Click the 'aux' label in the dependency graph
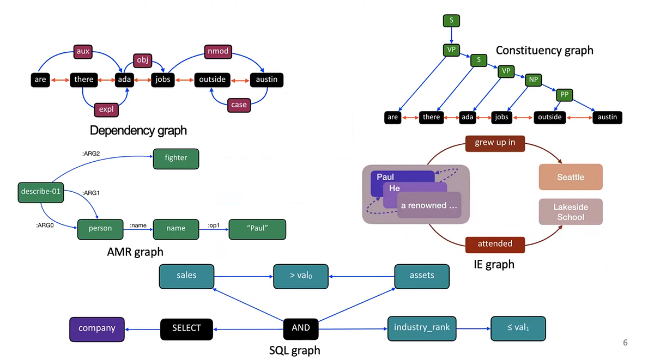[x=83, y=52]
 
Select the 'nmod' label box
[x=217, y=52]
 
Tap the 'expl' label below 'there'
[x=106, y=109]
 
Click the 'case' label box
[x=239, y=105]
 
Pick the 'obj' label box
[x=142, y=59]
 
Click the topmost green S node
[x=451, y=21]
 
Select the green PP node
[x=564, y=95]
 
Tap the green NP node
[x=534, y=80]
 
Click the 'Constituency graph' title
[x=544, y=50]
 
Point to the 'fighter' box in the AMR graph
[x=175, y=158]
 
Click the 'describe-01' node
[x=40, y=192]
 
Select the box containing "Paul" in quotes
[x=257, y=228]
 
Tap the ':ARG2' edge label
[x=90, y=154]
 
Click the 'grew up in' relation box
[x=495, y=143]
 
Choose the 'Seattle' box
[x=571, y=177]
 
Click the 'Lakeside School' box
[x=571, y=212]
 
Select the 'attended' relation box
[x=495, y=244]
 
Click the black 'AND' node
[x=300, y=327]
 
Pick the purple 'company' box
[x=97, y=328]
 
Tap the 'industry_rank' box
[x=421, y=327]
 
